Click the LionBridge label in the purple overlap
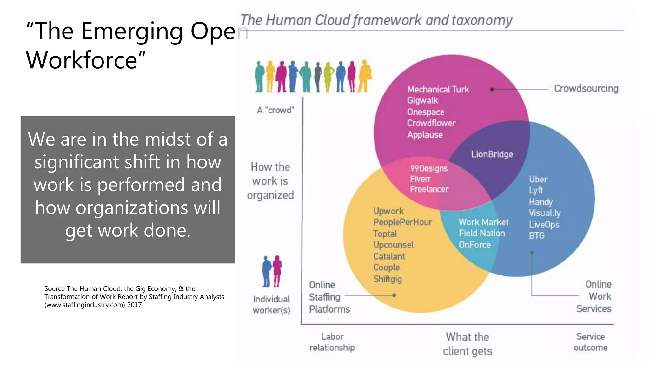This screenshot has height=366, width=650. coord(492,154)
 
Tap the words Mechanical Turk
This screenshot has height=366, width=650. coord(438,89)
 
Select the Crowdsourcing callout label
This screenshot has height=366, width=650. coord(586,88)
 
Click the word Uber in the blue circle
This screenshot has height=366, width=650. coord(538,179)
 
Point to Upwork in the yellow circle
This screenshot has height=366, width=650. coord(388,211)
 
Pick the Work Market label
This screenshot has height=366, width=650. coord(483,222)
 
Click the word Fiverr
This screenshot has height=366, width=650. coord(420,179)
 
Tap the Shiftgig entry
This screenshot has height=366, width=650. coord(387,279)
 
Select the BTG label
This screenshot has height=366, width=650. coord(536,235)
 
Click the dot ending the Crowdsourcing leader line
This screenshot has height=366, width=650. coord(492,89)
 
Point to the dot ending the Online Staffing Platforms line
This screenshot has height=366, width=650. coord(394,295)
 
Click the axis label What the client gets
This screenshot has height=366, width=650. coord(467,344)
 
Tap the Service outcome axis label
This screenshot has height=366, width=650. coord(590,342)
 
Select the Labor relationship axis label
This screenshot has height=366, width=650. coord(332,342)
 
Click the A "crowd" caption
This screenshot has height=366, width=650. coord(275,110)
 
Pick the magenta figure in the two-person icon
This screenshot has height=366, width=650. coord(277,270)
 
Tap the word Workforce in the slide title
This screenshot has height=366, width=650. coord(82,60)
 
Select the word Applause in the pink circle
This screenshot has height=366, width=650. coord(425,135)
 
